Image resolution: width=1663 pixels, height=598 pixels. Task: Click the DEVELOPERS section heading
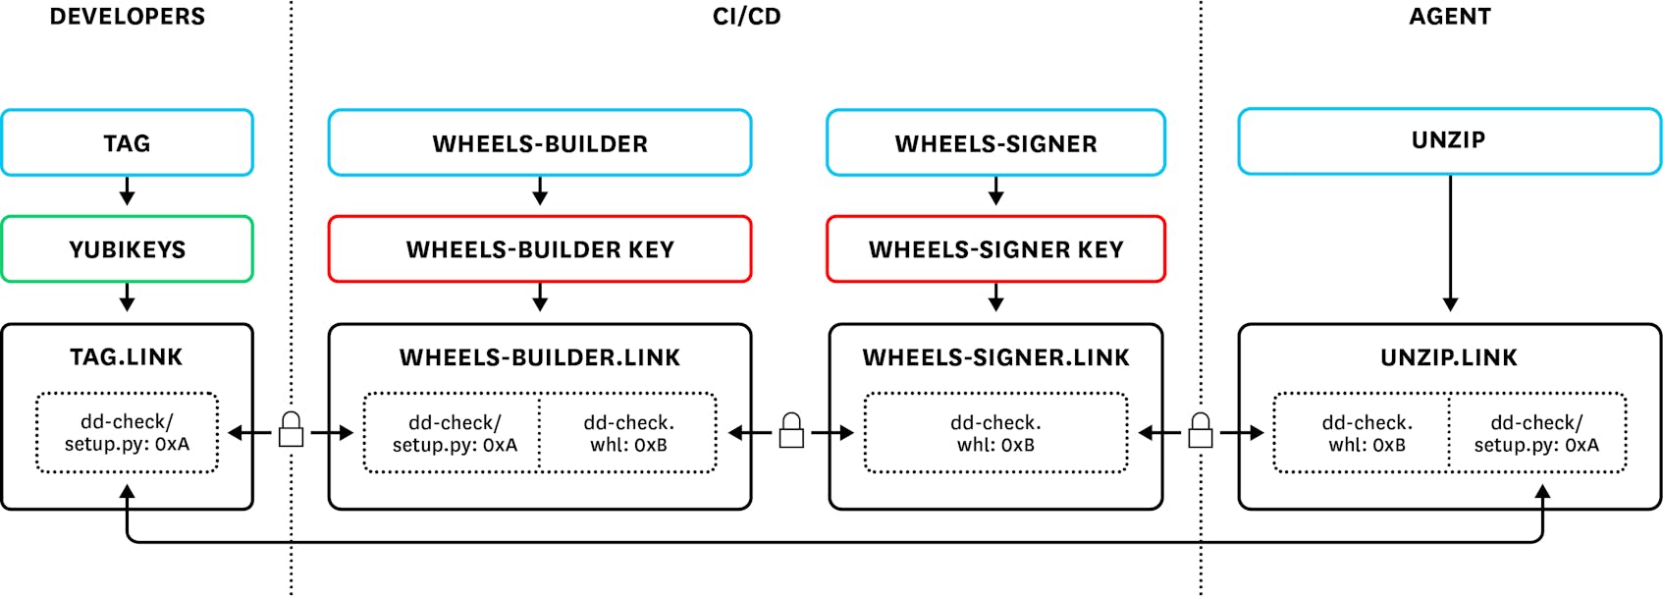[x=128, y=17]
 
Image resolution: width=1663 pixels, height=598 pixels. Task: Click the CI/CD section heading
[x=746, y=17]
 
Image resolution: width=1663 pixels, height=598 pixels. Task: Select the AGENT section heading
[x=1450, y=17]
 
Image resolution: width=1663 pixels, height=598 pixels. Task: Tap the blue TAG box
[x=128, y=143]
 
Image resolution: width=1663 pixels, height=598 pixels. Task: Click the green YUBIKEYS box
[x=128, y=249]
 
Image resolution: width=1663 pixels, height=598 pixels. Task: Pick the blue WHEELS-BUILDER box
[x=540, y=143]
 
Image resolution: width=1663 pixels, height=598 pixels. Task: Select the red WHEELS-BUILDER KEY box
[x=540, y=249]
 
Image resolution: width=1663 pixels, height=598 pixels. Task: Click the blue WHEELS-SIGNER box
[x=995, y=143]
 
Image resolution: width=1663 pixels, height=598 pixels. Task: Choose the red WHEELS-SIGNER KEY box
[x=995, y=249]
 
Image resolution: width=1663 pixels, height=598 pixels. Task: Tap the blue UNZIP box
[x=1449, y=140]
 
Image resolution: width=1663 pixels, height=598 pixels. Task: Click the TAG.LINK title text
[x=127, y=356]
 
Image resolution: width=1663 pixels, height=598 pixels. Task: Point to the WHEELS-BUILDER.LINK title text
[x=540, y=357]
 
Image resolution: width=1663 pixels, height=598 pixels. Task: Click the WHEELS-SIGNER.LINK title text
[x=995, y=357]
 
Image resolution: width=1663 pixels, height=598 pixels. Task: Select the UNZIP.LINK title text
[x=1449, y=357]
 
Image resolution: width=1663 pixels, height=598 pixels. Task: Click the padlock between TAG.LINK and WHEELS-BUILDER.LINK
[x=291, y=431]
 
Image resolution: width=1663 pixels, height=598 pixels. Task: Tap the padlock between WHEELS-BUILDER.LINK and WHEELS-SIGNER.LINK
[x=791, y=431]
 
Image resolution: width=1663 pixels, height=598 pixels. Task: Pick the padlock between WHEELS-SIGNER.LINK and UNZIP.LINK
[x=1200, y=431]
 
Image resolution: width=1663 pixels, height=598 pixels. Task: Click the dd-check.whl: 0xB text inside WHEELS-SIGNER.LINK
[x=995, y=433]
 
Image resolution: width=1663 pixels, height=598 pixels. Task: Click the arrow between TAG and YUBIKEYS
[x=127, y=191]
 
